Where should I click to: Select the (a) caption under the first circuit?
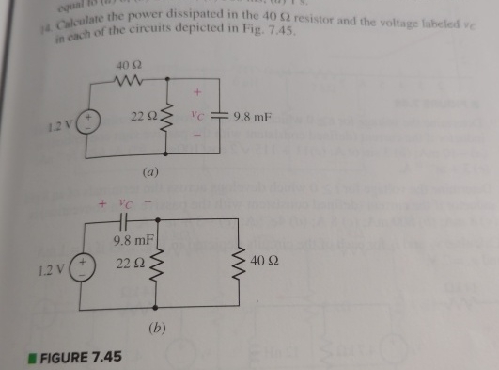[148, 173]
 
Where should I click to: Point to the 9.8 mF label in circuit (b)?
[128, 242]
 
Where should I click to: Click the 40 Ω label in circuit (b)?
[263, 260]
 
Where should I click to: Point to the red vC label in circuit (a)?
[197, 118]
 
